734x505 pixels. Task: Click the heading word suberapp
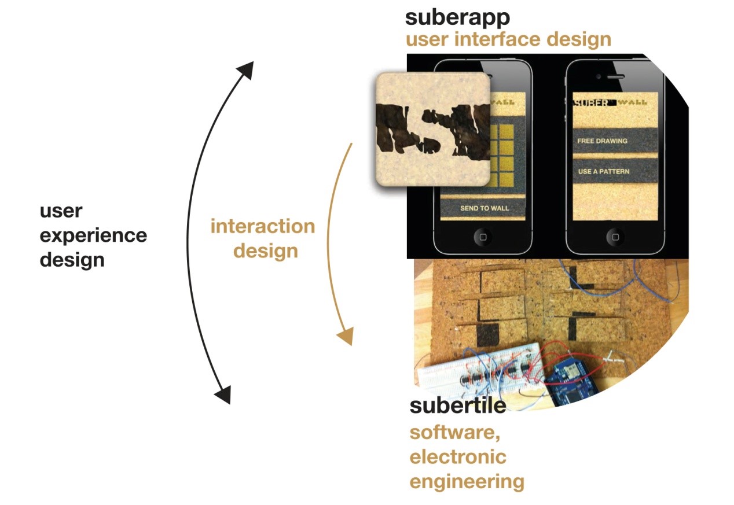(x=457, y=17)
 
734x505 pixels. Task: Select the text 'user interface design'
(x=508, y=39)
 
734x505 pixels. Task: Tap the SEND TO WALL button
(x=483, y=208)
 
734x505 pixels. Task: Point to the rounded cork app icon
(x=433, y=128)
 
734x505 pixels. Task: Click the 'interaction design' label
(x=262, y=238)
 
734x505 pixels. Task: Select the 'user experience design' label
(x=93, y=235)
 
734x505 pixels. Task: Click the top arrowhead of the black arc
(x=245, y=69)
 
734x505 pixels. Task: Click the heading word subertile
(x=457, y=406)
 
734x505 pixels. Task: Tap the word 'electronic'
(x=457, y=456)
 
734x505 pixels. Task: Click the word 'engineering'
(x=467, y=481)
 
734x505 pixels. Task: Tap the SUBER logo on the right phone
(x=590, y=103)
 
